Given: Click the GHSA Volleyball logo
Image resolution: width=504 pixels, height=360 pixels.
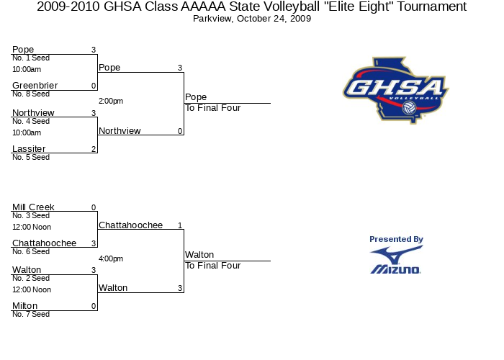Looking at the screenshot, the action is coord(396,90).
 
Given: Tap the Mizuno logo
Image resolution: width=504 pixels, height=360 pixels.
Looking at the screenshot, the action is coord(396,260).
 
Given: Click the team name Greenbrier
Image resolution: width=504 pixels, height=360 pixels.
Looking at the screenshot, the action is coord(35,86).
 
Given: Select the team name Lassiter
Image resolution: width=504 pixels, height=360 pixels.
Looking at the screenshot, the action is coord(29,149).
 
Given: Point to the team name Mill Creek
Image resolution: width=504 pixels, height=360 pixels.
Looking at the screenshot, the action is coord(33,207).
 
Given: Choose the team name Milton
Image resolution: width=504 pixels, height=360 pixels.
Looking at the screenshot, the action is coord(24,306).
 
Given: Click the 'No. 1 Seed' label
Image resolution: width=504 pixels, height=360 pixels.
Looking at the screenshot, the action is coord(31,58).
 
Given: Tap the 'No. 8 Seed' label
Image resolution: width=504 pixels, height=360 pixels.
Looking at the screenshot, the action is coord(31,94).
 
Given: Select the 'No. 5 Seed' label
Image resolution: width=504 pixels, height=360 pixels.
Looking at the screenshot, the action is coord(31,157).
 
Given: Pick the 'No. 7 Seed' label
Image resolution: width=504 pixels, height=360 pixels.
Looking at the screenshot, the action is coord(31,314).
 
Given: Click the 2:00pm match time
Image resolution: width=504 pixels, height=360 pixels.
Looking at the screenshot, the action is coord(111,102).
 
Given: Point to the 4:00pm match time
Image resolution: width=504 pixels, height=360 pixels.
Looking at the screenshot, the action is coord(111,258).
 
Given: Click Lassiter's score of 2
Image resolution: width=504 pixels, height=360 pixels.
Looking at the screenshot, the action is coord(94,149).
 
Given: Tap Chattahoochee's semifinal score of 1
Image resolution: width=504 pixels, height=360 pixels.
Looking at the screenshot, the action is coord(180,225).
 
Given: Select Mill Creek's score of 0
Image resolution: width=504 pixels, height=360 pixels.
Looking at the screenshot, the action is coord(94,207).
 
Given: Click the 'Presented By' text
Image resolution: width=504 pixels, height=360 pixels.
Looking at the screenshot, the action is coord(396,240).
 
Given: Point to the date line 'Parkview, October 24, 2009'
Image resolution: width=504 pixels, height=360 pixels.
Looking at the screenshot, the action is coord(252,19).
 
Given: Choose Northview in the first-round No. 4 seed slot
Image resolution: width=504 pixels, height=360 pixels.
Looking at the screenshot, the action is coord(33,113).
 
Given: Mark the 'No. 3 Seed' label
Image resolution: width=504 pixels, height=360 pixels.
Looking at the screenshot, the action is coord(31,215).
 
